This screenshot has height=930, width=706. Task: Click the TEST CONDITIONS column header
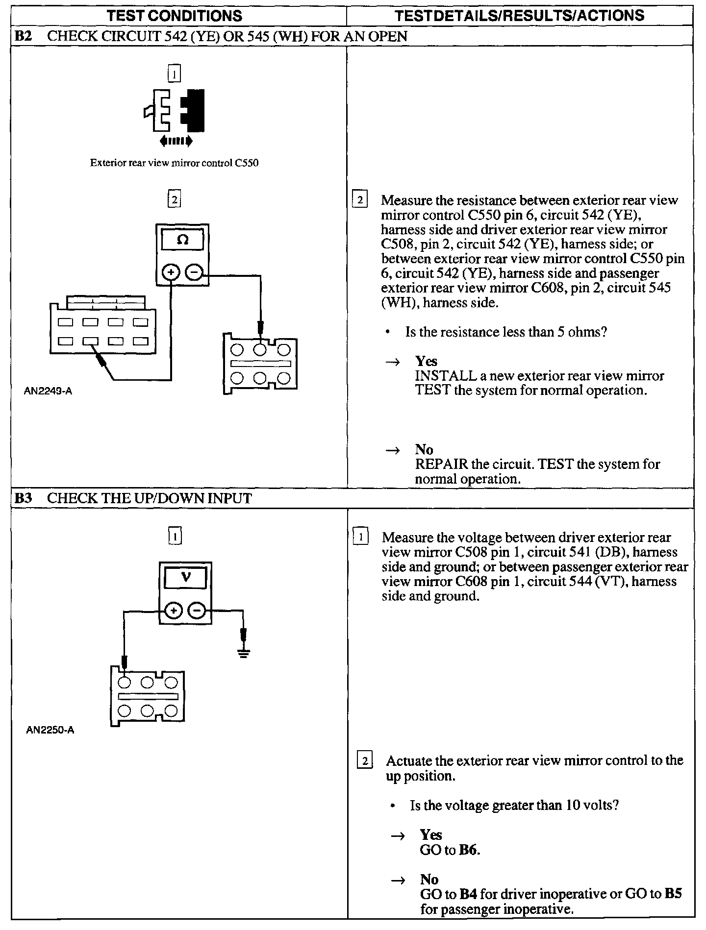click(174, 16)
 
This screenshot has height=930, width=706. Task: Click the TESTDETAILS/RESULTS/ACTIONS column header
click(519, 16)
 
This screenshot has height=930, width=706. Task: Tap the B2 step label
click(23, 36)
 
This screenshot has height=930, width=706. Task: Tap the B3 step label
click(23, 498)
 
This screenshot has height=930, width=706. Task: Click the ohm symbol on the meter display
click(182, 241)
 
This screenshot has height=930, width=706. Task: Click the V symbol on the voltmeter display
click(185, 577)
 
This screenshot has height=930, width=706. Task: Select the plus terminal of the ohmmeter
click(171, 272)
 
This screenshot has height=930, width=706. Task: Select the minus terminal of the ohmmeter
click(194, 272)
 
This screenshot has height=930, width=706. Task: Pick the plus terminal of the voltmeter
click(174, 611)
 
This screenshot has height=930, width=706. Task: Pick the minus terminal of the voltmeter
click(197, 611)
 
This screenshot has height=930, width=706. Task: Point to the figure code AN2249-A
click(48, 392)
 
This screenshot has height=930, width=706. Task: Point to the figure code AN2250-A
click(50, 730)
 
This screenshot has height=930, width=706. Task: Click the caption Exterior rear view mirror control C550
click(174, 163)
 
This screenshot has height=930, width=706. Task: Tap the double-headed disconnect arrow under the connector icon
click(176, 142)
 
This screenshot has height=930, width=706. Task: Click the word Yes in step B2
click(426, 361)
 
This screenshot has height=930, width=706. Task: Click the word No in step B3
click(429, 880)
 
